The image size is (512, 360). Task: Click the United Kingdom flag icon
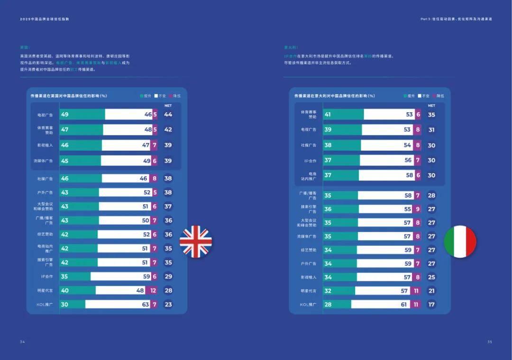point(196,242)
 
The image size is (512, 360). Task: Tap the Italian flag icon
point(460,242)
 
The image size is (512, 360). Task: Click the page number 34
point(22,342)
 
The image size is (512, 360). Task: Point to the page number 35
point(490,342)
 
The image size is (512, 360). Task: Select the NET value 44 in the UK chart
point(168,115)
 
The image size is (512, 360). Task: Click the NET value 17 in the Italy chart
point(431,305)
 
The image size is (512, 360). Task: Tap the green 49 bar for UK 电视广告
point(82,115)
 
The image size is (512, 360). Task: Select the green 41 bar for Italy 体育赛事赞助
point(343,115)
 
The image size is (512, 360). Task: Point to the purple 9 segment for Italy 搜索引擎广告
point(417,209)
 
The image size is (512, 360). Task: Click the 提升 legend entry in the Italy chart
point(408,96)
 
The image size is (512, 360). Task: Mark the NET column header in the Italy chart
point(431,106)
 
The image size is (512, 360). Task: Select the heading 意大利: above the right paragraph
point(290,47)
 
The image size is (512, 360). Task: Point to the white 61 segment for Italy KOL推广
point(382,305)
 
